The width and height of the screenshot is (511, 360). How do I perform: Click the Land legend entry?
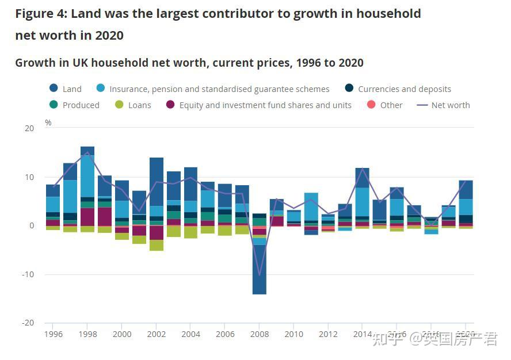(x=65, y=89)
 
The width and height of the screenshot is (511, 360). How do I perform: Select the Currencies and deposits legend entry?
(x=398, y=89)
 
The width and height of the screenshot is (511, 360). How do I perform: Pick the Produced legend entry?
(x=74, y=105)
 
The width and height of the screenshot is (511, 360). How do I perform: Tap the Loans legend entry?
(x=133, y=105)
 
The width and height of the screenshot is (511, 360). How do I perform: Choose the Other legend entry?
(x=384, y=105)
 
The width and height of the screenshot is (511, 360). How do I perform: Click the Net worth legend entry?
(x=443, y=105)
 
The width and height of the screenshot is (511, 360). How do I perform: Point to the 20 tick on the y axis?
(x=29, y=128)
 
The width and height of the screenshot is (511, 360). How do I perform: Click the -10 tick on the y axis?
(x=28, y=274)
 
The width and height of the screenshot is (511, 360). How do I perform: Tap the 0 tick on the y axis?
(x=31, y=225)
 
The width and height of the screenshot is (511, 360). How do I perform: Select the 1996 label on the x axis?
(x=53, y=334)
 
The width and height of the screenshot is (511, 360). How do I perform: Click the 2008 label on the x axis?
(x=260, y=334)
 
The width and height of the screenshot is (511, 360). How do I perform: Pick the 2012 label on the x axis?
(x=328, y=334)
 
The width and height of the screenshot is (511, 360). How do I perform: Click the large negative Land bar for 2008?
(x=260, y=270)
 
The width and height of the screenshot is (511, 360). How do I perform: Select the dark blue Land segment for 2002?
(x=157, y=181)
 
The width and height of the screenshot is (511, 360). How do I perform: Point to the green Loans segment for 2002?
(x=157, y=245)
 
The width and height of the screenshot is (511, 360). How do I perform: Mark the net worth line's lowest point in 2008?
(x=260, y=275)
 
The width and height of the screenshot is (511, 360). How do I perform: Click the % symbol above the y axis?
(x=48, y=122)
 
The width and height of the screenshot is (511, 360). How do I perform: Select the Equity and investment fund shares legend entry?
(x=258, y=105)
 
